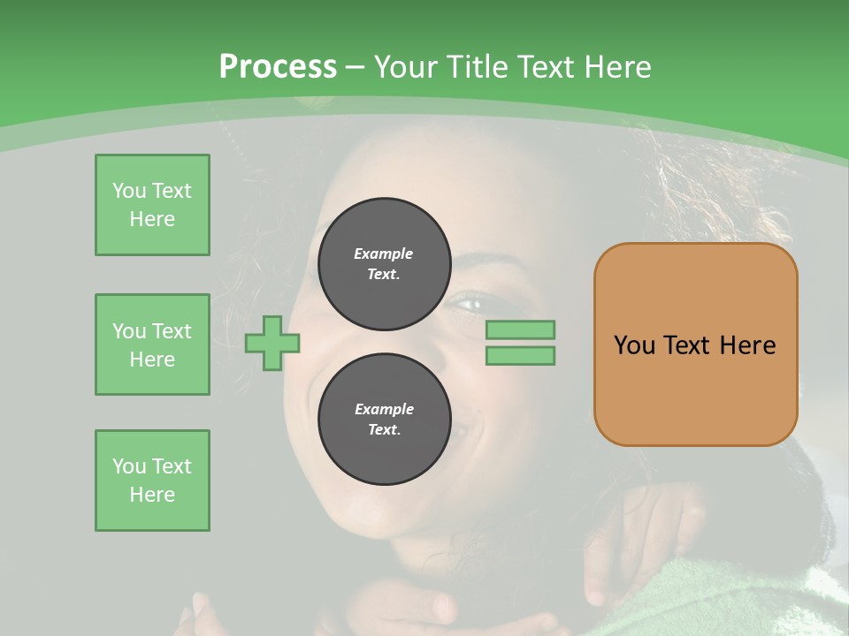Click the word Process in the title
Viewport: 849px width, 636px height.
[x=278, y=66]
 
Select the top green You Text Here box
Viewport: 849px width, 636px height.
[x=152, y=205]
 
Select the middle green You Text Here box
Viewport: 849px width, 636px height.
[x=152, y=344]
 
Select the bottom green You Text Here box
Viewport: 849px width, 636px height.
[x=152, y=481]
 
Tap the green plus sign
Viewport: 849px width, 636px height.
[x=272, y=343]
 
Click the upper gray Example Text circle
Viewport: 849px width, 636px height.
[x=384, y=263]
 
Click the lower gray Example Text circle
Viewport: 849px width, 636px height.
[x=384, y=419]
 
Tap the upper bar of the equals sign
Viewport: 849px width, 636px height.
[x=520, y=329]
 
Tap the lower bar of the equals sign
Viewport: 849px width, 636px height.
[x=520, y=356]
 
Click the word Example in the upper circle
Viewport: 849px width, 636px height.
[x=384, y=254]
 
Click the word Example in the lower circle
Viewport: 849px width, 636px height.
[x=384, y=409]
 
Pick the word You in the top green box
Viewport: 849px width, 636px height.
[x=129, y=191]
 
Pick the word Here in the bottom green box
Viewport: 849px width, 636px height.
[x=152, y=495]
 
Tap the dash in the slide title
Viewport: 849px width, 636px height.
[x=355, y=67]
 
